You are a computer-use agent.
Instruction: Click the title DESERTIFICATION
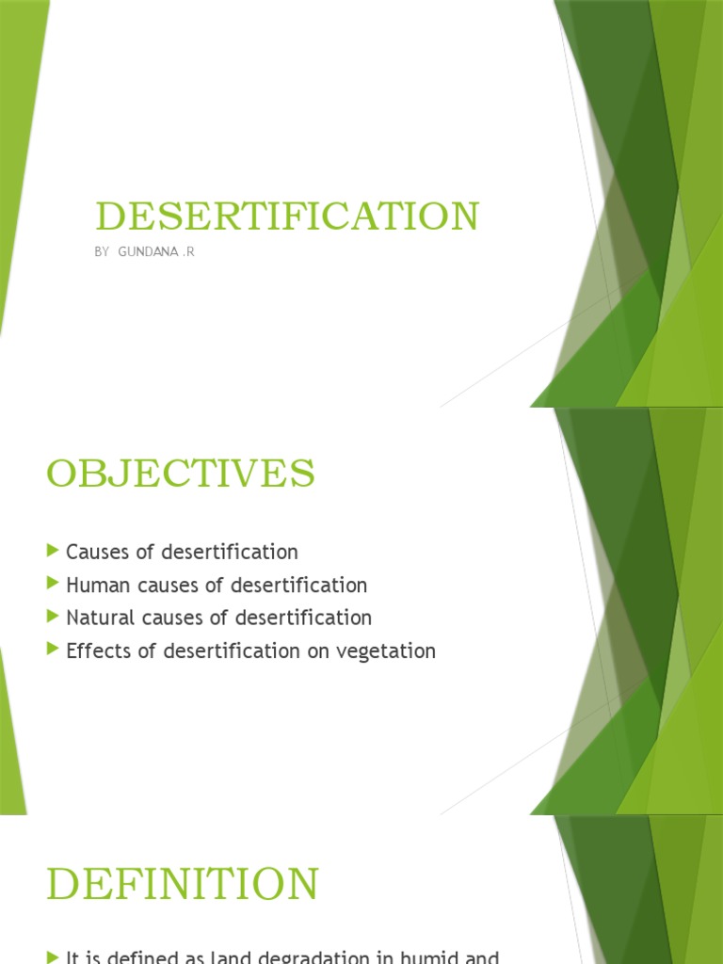[287, 217]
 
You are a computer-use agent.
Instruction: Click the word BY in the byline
[103, 253]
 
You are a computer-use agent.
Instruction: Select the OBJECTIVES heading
[181, 474]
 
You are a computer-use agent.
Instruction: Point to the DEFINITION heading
[184, 885]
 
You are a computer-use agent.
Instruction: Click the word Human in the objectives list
[93, 586]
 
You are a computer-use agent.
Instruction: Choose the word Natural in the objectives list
[98, 619]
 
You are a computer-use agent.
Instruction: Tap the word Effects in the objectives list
[94, 651]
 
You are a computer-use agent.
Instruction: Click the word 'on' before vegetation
[329, 651]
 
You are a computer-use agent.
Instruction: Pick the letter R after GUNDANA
[190, 253]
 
